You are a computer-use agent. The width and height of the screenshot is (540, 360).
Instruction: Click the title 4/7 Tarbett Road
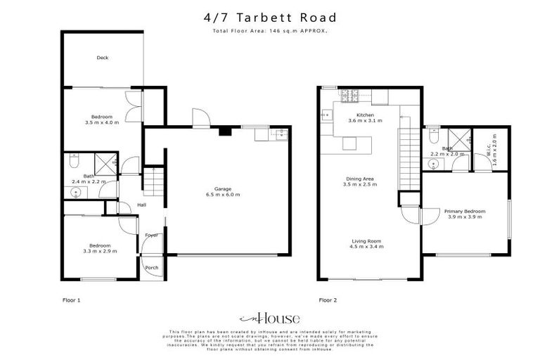pos(269,17)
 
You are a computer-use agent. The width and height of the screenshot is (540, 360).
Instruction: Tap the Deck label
pos(103,58)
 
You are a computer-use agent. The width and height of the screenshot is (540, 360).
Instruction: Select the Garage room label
pos(223,188)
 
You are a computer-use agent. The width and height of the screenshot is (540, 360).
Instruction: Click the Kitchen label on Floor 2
pos(365,115)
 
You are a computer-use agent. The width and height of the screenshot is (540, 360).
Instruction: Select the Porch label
pos(151,268)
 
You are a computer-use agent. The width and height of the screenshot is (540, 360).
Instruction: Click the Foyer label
pos(151,235)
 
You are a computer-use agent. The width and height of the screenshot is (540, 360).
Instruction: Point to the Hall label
pos(141,205)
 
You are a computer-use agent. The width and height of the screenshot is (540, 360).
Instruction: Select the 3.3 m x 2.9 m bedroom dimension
pos(100,251)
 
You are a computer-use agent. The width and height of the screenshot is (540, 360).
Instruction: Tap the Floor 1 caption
pos(72,300)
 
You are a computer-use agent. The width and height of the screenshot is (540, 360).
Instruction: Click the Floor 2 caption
pos(328,300)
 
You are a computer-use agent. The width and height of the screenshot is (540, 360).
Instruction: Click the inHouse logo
pos(269,317)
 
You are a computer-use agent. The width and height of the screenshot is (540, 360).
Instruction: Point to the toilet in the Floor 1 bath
pos(75,164)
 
